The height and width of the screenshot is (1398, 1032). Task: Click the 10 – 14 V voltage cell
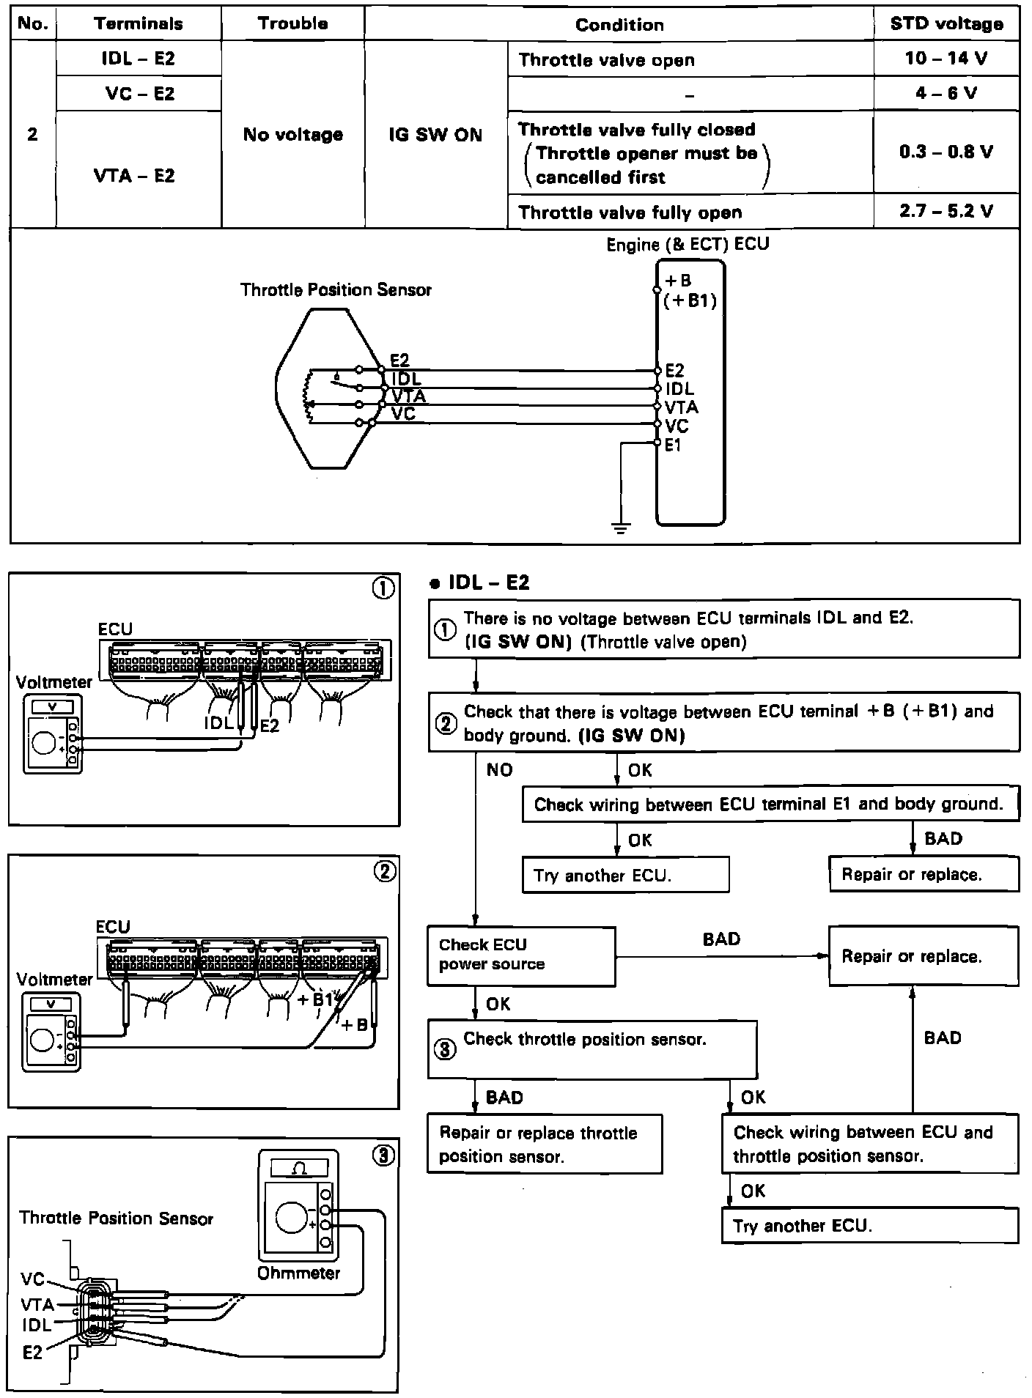[946, 59]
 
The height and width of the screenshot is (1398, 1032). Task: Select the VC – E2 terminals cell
[139, 94]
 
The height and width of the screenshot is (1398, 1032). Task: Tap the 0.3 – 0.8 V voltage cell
[946, 152]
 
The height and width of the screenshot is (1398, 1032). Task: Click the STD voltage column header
[946, 24]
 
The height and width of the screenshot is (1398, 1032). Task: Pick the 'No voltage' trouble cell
[292, 135]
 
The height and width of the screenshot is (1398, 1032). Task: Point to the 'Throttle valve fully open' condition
[630, 212]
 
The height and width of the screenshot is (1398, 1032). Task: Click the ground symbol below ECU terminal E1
[621, 528]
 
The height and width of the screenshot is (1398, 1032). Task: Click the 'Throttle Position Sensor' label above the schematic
[336, 290]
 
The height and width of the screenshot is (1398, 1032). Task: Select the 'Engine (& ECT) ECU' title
[688, 245]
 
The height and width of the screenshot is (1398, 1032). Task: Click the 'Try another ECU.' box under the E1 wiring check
[625, 875]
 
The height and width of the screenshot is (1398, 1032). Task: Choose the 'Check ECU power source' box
[520, 955]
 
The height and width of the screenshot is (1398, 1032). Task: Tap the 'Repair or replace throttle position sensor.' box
[544, 1144]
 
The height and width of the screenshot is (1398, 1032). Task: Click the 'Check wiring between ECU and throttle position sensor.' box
[869, 1144]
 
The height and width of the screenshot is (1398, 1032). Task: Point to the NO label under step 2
[499, 770]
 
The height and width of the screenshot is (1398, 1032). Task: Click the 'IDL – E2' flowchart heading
[487, 582]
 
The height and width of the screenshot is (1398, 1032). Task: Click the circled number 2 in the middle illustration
[384, 870]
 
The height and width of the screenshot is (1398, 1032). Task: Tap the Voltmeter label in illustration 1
[54, 682]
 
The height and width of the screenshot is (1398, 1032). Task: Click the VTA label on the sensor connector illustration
[37, 1304]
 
